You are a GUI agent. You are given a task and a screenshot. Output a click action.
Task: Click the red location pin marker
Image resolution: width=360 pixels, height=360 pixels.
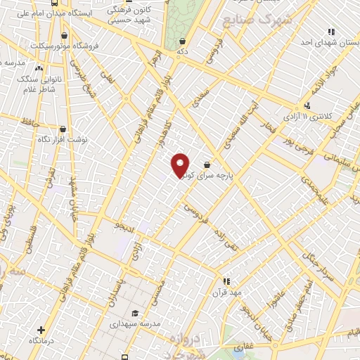[x=181, y=165]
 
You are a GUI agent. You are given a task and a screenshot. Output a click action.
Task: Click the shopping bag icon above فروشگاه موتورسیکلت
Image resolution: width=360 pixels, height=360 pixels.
[x=65, y=35]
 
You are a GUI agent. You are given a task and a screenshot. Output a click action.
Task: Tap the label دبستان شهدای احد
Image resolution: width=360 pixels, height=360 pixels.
[x=325, y=41]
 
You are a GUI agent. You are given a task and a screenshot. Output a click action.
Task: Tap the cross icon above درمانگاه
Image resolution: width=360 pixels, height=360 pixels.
[x=41, y=329]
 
